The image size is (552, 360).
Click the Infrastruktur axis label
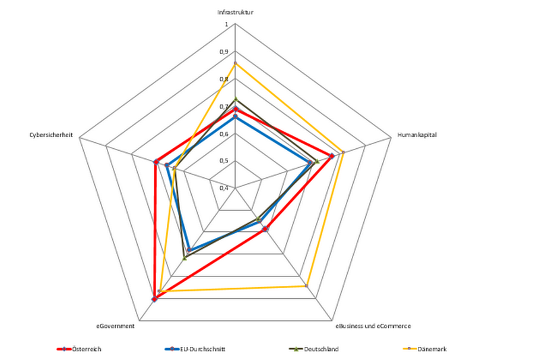(x=236, y=12)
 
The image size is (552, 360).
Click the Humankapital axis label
(x=417, y=135)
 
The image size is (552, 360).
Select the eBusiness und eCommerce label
(x=373, y=326)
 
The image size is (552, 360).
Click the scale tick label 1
(x=226, y=24)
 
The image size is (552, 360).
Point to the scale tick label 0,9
(x=223, y=52)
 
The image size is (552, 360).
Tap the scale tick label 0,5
(x=223, y=161)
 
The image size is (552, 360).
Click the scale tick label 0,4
(x=223, y=188)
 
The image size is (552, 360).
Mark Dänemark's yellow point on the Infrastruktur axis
(x=236, y=63)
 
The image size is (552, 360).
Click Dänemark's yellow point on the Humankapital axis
(x=343, y=152)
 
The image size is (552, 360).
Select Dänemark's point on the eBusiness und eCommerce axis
(x=306, y=286)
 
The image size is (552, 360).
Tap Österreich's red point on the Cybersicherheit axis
(x=156, y=161)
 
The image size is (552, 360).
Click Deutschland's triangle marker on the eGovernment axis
(x=185, y=258)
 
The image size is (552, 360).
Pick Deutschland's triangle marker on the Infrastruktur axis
(x=236, y=100)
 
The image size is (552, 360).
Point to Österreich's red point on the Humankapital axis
(x=332, y=156)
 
